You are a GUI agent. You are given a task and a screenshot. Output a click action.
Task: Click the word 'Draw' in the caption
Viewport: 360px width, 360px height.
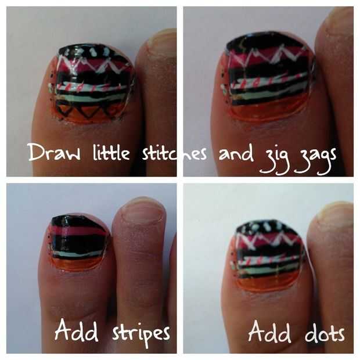[x=54, y=153]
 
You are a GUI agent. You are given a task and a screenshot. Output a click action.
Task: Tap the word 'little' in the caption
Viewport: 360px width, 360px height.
[x=111, y=152]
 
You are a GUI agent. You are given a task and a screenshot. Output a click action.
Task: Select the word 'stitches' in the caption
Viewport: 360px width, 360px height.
[x=174, y=153]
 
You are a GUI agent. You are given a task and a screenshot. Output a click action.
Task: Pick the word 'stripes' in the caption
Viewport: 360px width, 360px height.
[x=141, y=333]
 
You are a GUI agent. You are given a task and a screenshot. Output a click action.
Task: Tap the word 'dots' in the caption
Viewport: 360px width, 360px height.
[x=325, y=333]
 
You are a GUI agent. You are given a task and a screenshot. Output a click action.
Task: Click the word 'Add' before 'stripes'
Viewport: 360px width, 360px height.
[x=77, y=330]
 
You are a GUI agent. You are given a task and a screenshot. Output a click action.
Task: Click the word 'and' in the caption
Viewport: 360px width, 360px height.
[x=236, y=153]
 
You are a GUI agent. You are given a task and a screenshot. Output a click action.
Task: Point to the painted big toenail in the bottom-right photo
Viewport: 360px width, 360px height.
[x=268, y=255]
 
